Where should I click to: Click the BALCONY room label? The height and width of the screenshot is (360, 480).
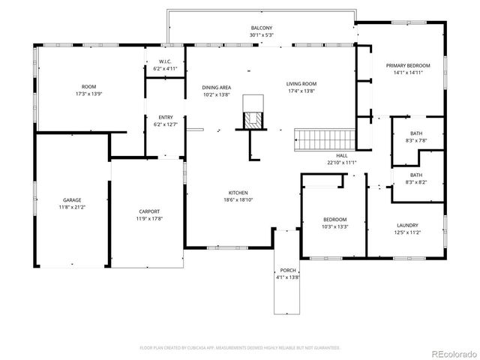(x=262, y=28)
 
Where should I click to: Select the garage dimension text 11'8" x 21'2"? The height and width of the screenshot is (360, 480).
(x=72, y=208)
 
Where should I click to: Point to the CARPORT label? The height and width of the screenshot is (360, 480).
(x=149, y=211)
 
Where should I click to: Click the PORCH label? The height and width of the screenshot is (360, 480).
(x=289, y=270)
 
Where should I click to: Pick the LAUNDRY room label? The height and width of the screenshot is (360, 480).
(x=407, y=226)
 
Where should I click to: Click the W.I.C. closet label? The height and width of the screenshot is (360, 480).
(x=164, y=61)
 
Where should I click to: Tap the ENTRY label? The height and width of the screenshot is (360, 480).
(x=165, y=118)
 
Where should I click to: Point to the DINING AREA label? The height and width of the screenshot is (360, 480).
(x=216, y=88)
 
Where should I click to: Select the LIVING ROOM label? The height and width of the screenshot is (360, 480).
(x=301, y=84)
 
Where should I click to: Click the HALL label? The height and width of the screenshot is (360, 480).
(x=341, y=155)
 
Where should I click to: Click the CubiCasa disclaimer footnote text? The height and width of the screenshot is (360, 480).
(x=240, y=348)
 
